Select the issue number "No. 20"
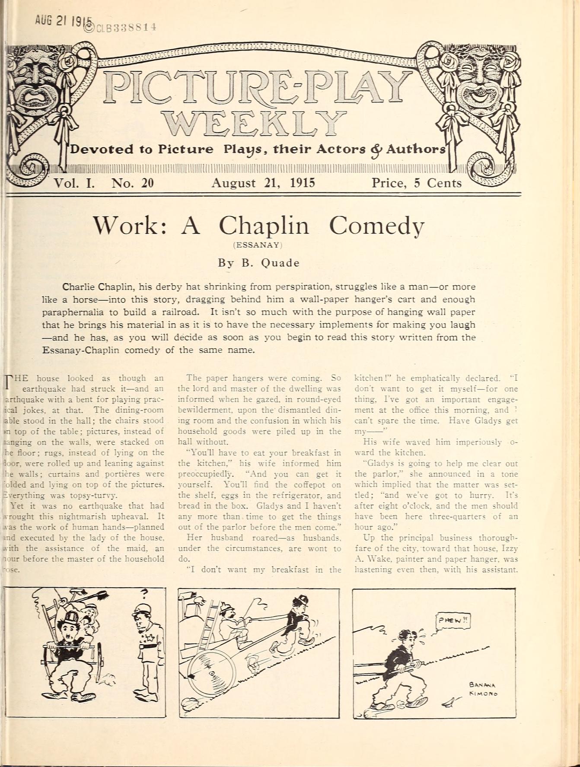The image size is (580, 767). [132, 183]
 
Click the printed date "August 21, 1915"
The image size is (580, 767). [263, 183]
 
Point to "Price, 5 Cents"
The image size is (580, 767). [416, 183]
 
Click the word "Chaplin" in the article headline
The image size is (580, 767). [264, 226]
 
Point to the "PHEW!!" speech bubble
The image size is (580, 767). [453, 621]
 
